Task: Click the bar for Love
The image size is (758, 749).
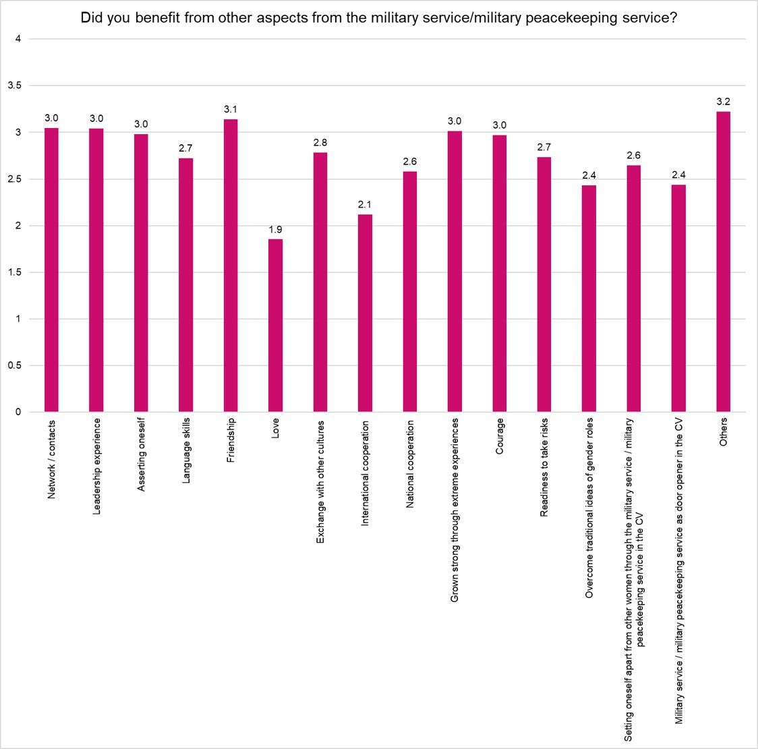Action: coord(275,326)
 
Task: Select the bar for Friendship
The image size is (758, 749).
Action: coord(231,266)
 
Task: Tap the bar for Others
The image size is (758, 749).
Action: coord(723,262)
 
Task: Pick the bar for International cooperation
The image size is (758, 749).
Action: coord(365,313)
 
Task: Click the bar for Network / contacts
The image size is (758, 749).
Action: coord(51,270)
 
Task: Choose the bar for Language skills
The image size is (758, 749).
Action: coord(185,285)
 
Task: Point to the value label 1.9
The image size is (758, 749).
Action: coord(275,230)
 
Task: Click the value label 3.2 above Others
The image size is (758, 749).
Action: coord(723,102)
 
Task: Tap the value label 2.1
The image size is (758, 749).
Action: coord(365,205)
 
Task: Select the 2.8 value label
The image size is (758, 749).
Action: coord(320,143)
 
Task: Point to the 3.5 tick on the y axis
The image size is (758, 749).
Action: coord(14,86)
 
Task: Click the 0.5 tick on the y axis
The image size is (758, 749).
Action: coord(14,365)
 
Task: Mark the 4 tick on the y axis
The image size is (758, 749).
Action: coord(18,39)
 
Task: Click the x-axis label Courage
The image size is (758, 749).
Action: coord(500,437)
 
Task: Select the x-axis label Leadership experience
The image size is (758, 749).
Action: coord(96,466)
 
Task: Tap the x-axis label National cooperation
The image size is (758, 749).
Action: coord(410,464)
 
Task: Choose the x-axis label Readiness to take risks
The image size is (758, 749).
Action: coord(544,467)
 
